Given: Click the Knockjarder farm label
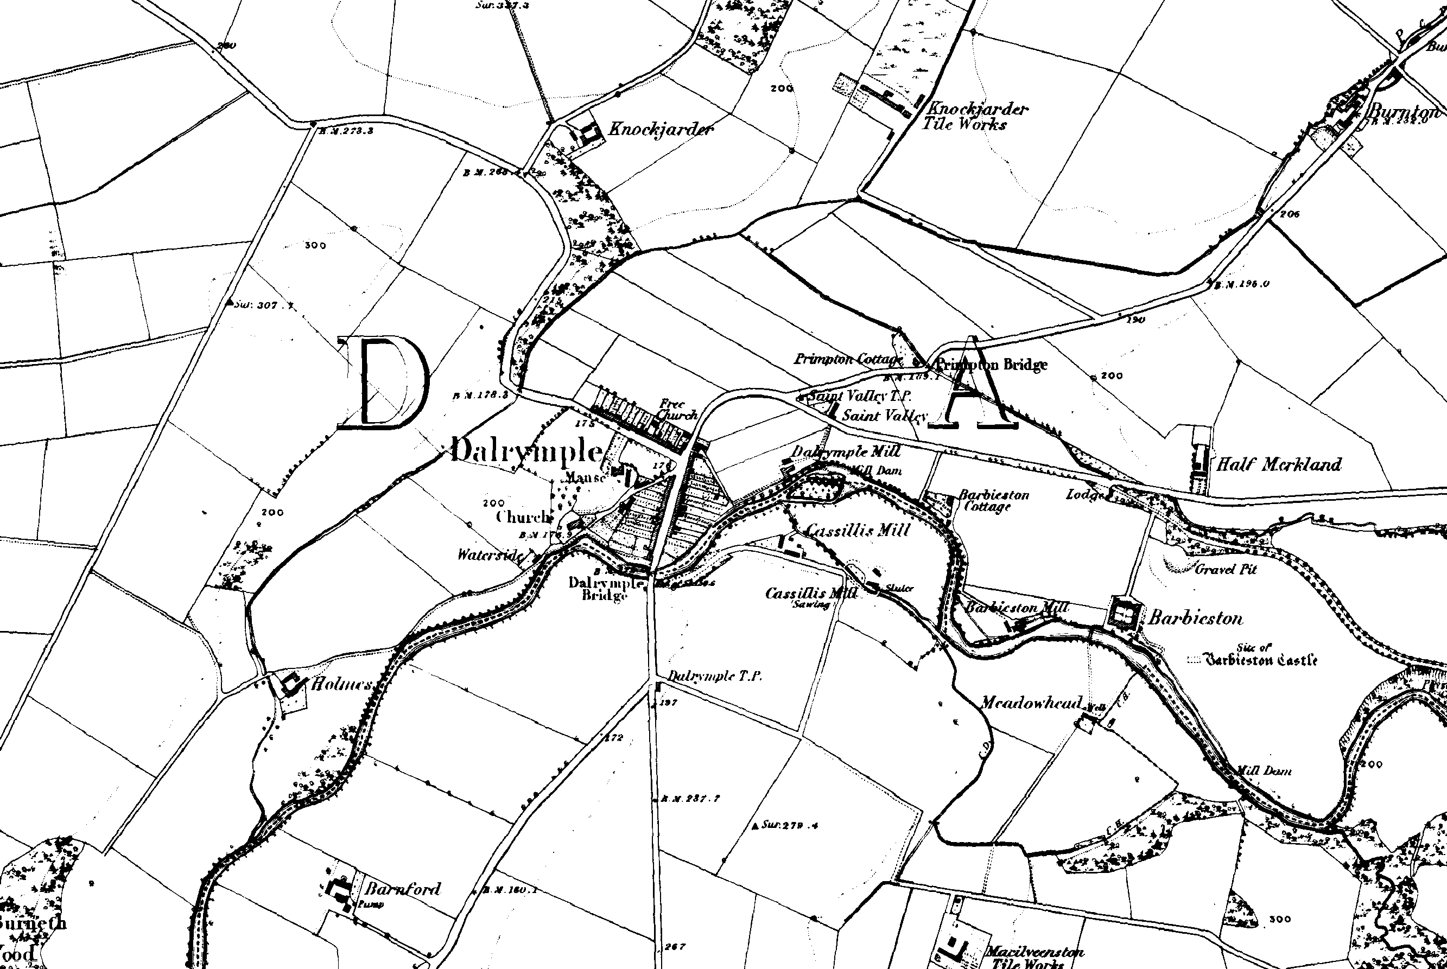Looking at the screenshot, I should [660, 129].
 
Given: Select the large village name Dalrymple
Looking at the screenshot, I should [525, 452].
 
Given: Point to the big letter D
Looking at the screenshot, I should [384, 383].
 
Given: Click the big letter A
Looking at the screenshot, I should [975, 390].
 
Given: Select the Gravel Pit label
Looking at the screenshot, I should [1226, 569].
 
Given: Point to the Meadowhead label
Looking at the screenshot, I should [1032, 703].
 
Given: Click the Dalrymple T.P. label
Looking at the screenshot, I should [715, 676].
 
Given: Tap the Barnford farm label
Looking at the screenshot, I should [402, 889].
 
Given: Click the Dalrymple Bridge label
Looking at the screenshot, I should [605, 589].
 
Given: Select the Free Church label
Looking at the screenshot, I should [676, 410].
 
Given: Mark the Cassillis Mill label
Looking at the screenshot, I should [858, 530].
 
